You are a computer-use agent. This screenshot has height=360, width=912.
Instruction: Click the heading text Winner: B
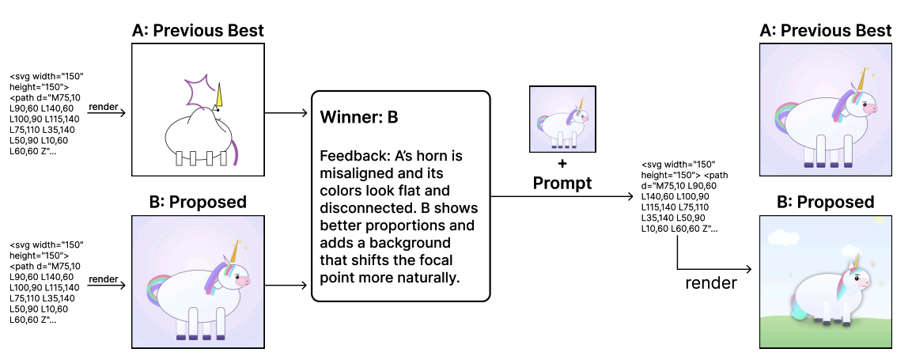click(358, 118)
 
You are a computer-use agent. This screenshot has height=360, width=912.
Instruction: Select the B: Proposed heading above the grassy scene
click(825, 203)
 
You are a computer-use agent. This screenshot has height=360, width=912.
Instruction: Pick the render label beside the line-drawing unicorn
click(104, 106)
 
